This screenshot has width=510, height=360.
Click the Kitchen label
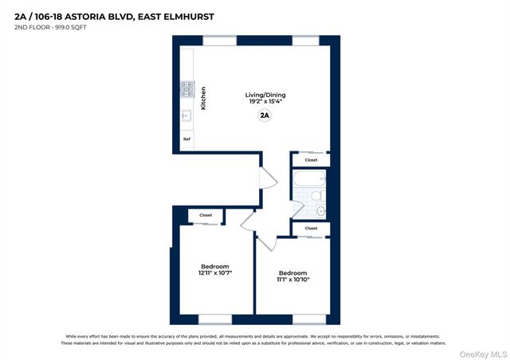[x=203, y=97]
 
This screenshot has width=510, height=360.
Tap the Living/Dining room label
[x=265, y=95]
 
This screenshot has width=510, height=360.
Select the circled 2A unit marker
[x=265, y=115]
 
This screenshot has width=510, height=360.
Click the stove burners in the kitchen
[x=187, y=88]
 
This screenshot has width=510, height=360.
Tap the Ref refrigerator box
[x=187, y=139]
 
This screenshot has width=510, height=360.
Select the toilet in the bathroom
[x=316, y=195]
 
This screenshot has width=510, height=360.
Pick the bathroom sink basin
[x=321, y=211]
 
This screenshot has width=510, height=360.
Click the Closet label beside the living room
[x=311, y=160]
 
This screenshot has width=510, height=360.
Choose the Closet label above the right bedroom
[x=311, y=229]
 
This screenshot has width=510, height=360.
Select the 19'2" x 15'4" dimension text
[x=265, y=102]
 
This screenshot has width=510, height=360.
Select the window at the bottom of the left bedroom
[x=214, y=319]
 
